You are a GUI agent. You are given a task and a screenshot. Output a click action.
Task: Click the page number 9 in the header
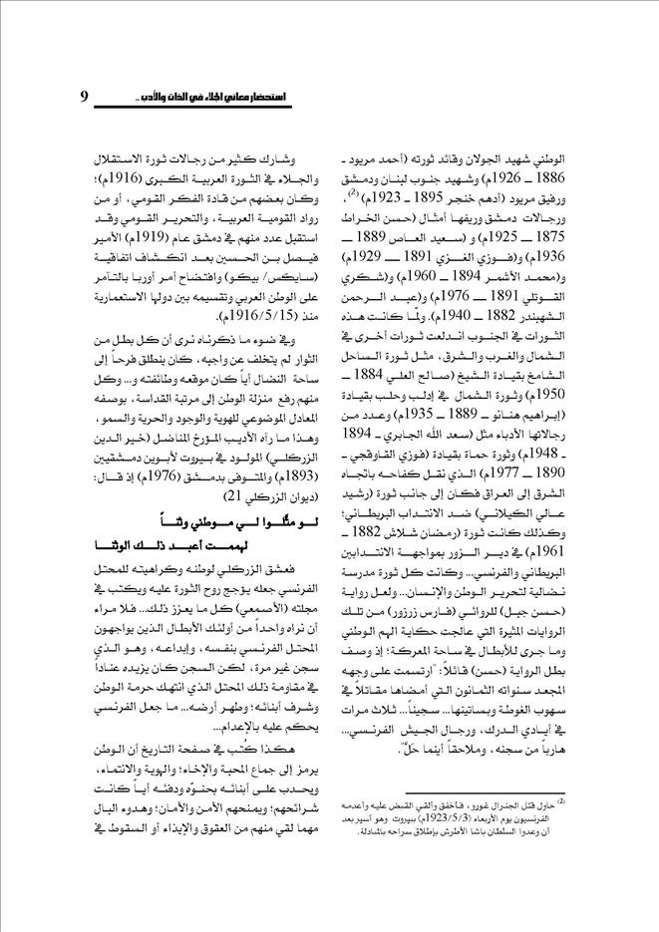[85, 97]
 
